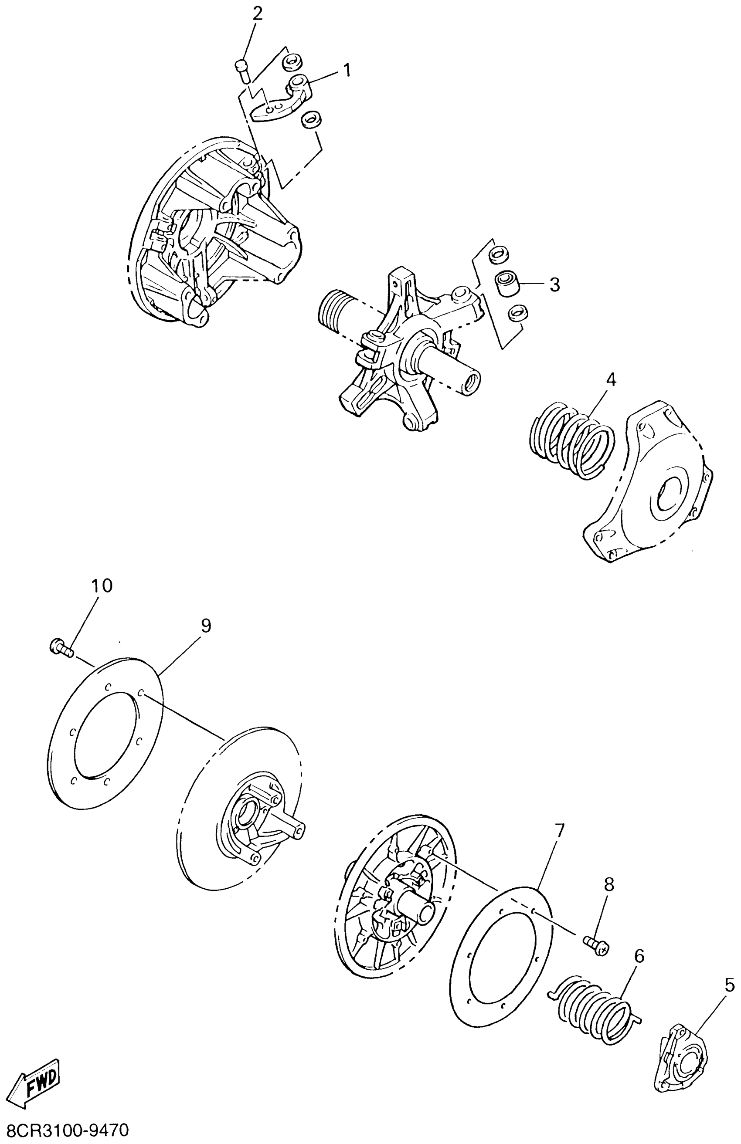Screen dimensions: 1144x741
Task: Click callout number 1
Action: point(346,71)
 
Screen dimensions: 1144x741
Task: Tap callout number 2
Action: point(257,14)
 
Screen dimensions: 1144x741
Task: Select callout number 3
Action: point(554,284)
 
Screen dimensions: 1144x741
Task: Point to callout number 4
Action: point(610,380)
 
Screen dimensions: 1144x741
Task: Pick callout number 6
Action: point(639,955)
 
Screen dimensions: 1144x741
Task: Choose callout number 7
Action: point(559,829)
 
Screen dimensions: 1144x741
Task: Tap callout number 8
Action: point(609,883)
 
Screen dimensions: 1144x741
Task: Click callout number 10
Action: point(102,585)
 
